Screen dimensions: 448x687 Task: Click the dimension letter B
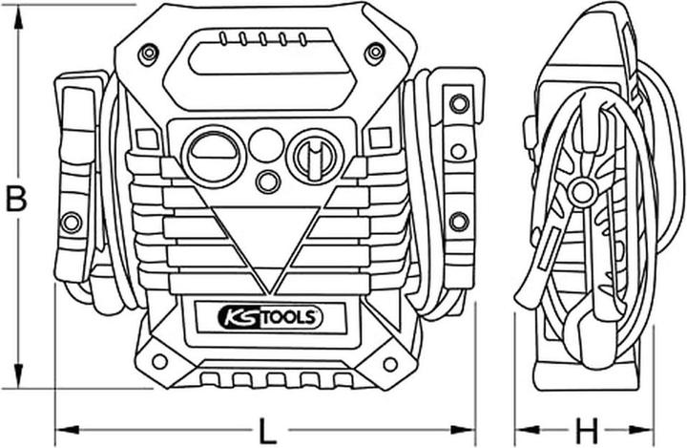(x=16, y=198)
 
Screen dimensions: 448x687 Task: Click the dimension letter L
(x=269, y=431)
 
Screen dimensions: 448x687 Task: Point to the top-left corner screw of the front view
(x=147, y=53)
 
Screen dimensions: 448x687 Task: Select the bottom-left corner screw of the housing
(x=159, y=363)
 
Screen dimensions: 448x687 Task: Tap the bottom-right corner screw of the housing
(x=390, y=364)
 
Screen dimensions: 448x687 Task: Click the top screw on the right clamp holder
(x=459, y=102)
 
